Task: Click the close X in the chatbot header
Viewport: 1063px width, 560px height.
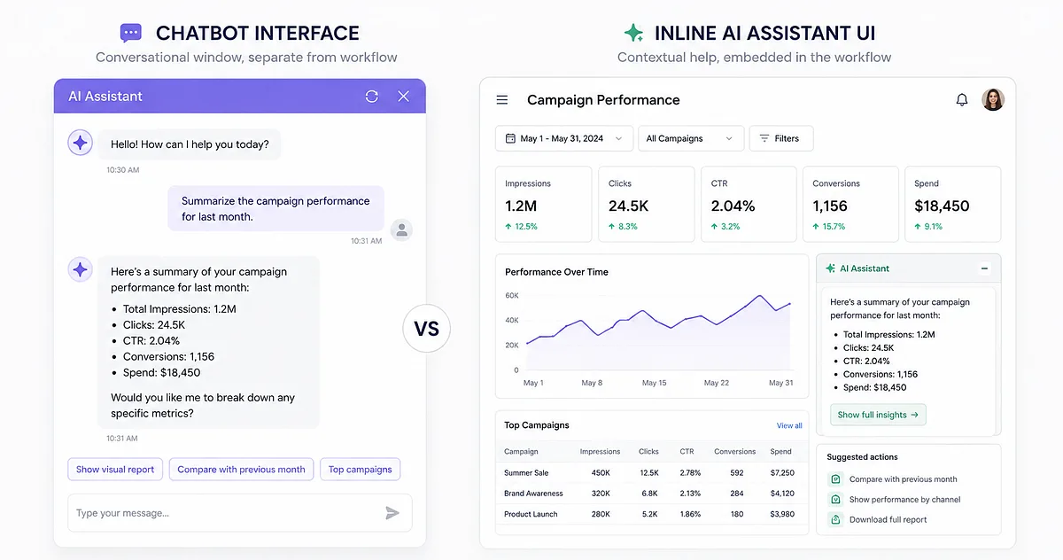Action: coord(403,97)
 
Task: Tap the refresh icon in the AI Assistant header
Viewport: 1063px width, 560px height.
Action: coord(371,97)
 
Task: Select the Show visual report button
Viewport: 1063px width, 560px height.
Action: coord(115,470)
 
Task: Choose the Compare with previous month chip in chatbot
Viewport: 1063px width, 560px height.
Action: coord(241,470)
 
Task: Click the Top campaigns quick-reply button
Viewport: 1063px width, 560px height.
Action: coord(361,470)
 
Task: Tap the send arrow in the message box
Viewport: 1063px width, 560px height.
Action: coord(392,513)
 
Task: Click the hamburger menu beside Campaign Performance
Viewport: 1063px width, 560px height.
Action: coord(502,100)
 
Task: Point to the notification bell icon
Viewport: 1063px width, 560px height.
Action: coord(962,99)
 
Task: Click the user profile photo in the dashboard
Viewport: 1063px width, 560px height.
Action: coord(993,99)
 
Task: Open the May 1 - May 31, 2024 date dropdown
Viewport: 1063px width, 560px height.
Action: coord(564,138)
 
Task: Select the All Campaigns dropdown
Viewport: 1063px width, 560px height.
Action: coord(691,138)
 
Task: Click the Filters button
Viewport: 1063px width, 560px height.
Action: coord(781,138)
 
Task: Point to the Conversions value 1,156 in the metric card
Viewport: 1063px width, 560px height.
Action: coord(829,206)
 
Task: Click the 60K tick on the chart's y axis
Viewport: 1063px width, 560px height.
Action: coord(512,296)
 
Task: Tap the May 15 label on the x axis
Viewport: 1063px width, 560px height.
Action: coord(654,383)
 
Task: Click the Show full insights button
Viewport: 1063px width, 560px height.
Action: coord(878,415)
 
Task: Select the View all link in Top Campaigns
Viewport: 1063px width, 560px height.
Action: coord(789,425)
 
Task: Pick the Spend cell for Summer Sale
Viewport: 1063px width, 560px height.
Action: coord(782,473)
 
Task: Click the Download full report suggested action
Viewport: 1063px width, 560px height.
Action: coord(888,519)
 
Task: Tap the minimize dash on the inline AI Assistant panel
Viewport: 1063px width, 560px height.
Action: coord(985,268)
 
